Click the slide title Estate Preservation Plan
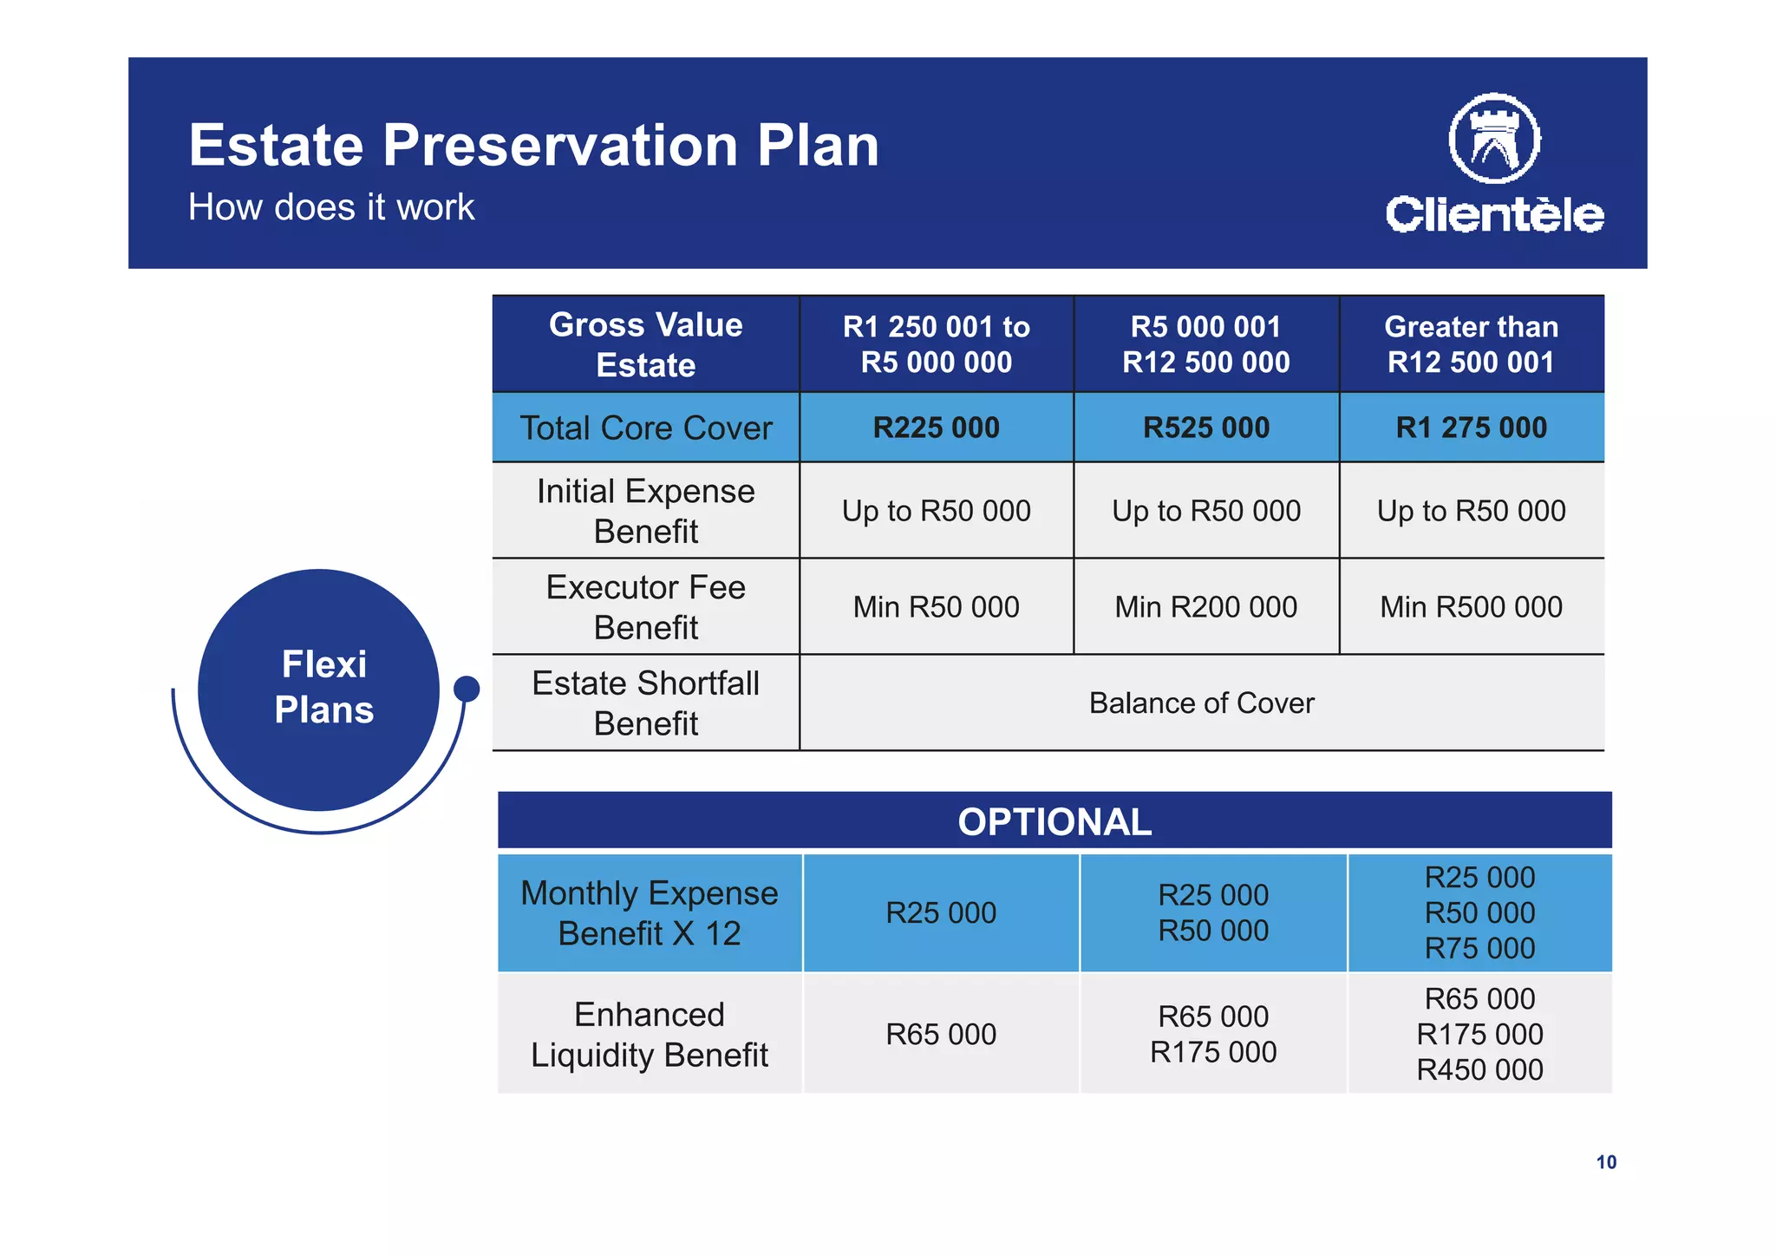[533, 145]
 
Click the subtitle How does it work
[331, 207]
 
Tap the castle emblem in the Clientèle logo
[1494, 139]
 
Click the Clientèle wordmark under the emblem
[1494, 214]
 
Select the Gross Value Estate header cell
[646, 344]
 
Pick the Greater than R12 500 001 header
[1471, 344]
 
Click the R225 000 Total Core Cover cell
[936, 428]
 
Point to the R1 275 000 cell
[1471, 428]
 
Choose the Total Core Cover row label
[646, 428]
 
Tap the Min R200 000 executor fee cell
[1205, 607]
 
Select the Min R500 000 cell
[1471, 607]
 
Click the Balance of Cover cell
[1201, 703]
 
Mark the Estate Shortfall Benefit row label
[646, 703]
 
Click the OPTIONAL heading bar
[1054, 821]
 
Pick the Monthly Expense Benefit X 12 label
[650, 912]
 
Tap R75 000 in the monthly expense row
[1479, 949]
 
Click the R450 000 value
[1479, 1070]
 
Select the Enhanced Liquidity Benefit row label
[650, 1034]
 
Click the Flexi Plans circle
[319, 689]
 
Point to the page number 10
[1606, 1162]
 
